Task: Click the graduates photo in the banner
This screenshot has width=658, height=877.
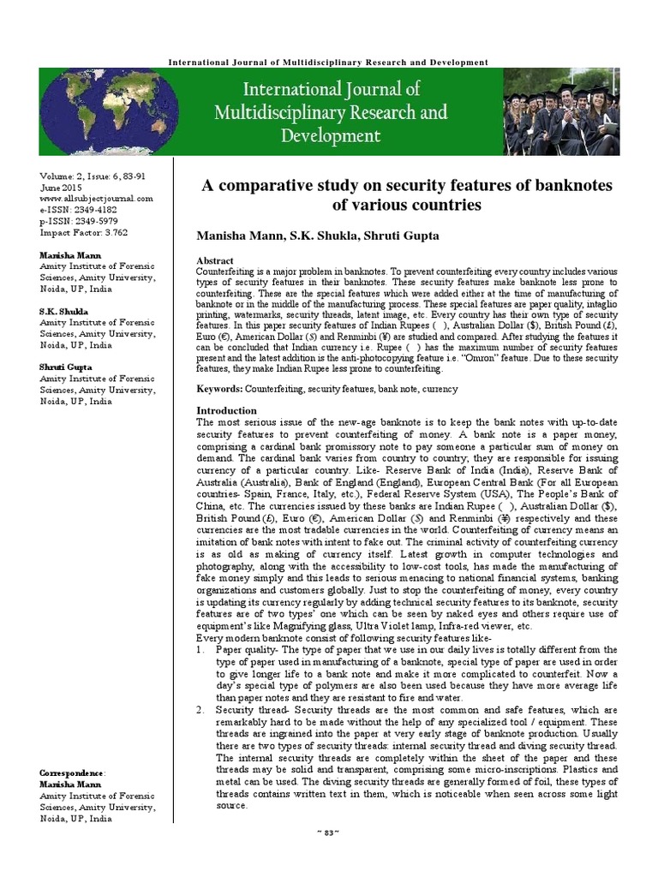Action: tap(561, 111)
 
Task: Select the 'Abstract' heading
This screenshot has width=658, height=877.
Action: tap(215, 260)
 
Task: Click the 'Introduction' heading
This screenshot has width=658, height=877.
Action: tap(226, 410)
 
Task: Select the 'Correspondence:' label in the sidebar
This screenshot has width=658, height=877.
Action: tap(73, 773)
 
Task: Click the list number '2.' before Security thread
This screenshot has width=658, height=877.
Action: tap(200, 710)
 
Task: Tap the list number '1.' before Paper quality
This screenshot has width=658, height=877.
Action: tap(200, 649)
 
